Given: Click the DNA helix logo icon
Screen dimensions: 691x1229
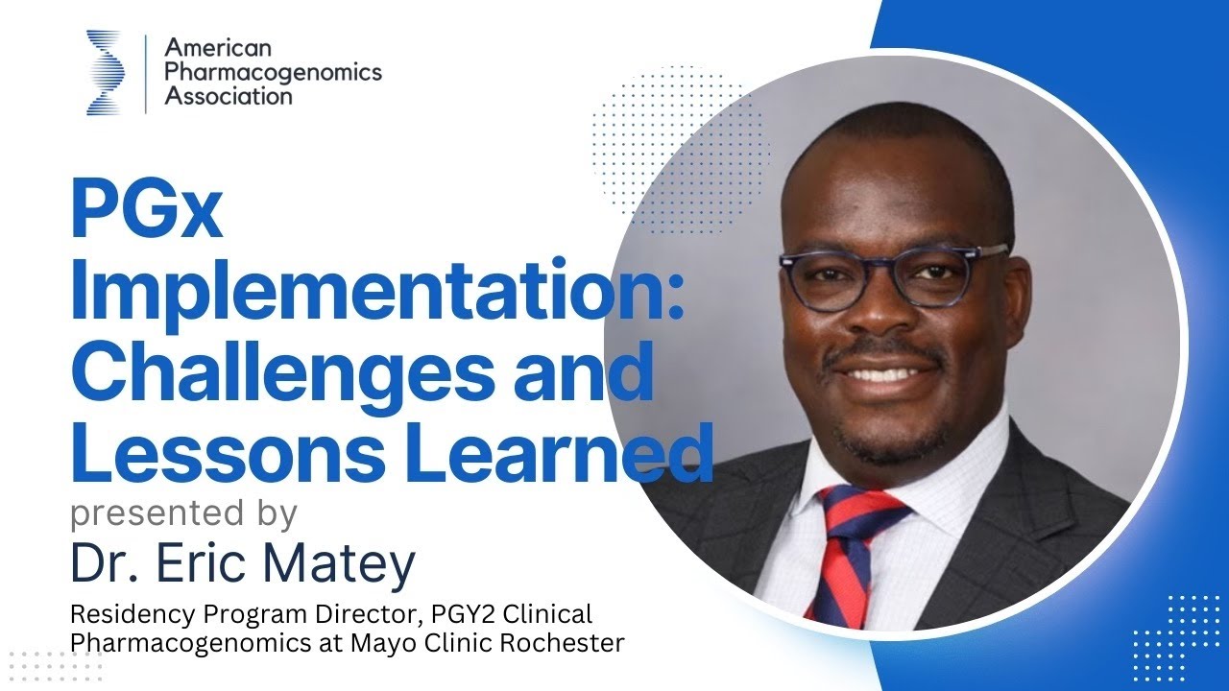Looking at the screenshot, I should point(105,71).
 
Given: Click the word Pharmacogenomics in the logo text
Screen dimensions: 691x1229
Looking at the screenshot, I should point(274,72).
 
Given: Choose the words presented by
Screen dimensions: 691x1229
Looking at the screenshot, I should point(183,513).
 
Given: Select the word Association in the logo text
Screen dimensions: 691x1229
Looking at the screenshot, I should point(229,96).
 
